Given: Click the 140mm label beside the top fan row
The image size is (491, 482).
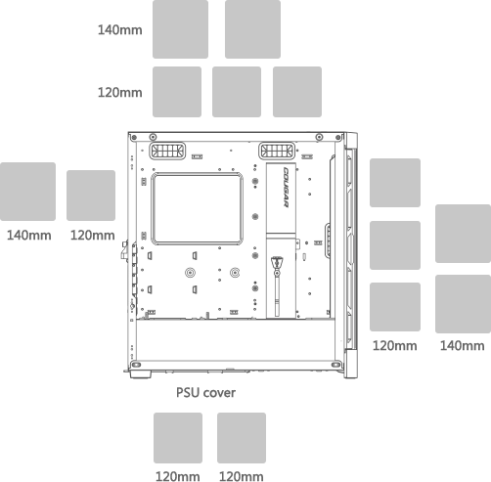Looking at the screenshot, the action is coord(120,30).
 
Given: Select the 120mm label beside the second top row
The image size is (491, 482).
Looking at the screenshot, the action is coord(120,93).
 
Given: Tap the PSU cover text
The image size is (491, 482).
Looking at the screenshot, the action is coord(205,393).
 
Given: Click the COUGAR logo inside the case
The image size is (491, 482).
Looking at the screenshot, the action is coord(286,187).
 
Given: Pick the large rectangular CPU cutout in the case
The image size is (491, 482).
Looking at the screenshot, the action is coord(197,208).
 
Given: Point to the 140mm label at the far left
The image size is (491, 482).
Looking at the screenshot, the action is coord(29,236).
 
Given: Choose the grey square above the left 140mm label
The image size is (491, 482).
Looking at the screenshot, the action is coord(27,192).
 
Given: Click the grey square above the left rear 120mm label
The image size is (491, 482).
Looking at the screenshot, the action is coord(91,196).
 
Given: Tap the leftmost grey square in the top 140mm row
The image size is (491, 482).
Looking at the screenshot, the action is coord(180,29).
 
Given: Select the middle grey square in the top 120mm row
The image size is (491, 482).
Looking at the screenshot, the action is coord(237,92).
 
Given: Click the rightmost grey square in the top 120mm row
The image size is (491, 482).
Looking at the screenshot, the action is coord(297,92).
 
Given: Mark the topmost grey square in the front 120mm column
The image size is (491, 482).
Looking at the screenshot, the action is coord(395,183).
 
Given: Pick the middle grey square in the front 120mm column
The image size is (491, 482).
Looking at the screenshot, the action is coord(395,245).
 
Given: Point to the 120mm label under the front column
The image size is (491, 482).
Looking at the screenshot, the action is coord(395,346).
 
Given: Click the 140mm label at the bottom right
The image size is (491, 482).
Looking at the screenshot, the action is coord(463,346).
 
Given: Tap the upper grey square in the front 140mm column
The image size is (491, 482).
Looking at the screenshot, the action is coord(463,234).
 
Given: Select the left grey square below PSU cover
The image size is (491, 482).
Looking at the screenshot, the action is coord(178,438).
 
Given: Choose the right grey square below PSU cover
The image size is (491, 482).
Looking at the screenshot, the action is coord(242,438).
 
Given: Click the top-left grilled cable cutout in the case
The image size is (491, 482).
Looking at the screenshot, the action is coord(167,151).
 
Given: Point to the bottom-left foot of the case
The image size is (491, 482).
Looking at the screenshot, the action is coord(141,374).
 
